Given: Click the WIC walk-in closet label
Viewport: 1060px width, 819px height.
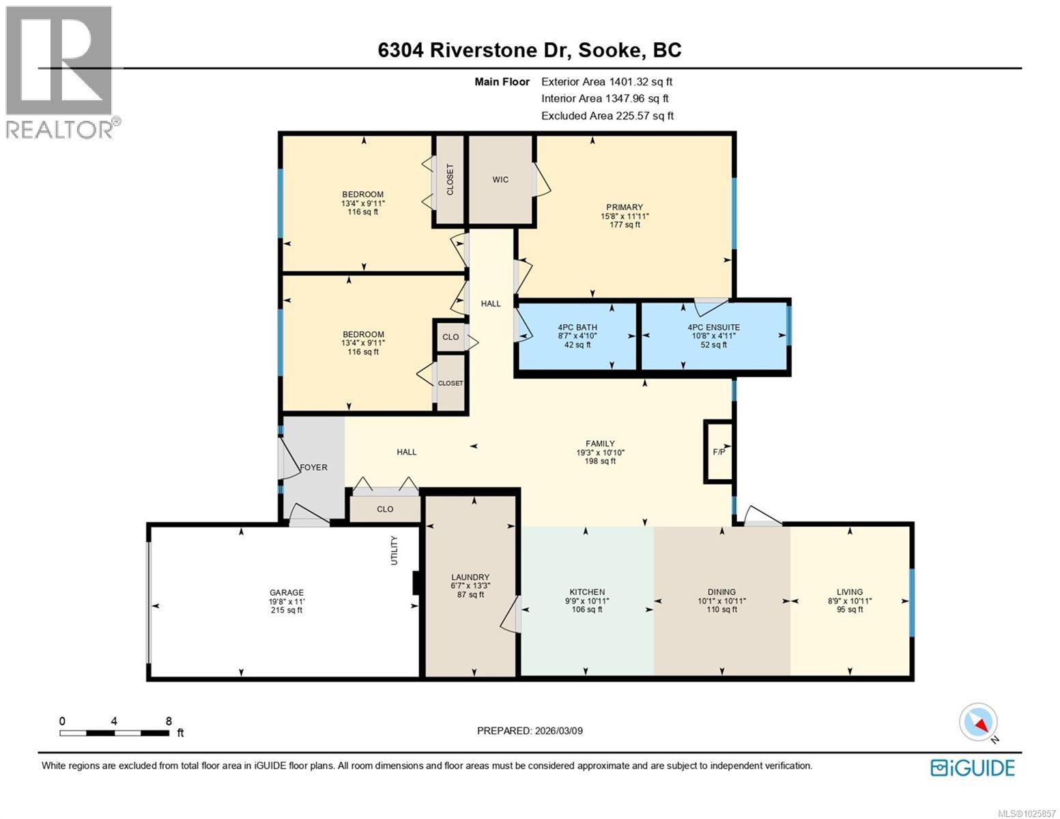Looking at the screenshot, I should click(500, 179).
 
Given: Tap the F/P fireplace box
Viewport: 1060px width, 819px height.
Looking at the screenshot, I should click(719, 452).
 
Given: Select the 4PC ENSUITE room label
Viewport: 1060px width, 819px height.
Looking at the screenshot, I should click(713, 328).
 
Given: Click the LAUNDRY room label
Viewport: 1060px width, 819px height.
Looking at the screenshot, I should click(470, 577).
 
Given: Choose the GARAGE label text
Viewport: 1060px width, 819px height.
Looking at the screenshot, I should click(287, 593).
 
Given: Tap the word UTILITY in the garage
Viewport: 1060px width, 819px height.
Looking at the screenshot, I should click(394, 550).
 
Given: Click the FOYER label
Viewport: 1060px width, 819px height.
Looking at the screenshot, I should click(313, 468).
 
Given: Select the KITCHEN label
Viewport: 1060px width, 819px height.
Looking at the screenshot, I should click(587, 592).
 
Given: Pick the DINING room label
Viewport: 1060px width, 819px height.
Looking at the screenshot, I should click(721, 592).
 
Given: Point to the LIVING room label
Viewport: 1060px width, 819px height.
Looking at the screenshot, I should click(850, 592).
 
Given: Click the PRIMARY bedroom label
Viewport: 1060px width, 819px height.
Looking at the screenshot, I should click(625, 207).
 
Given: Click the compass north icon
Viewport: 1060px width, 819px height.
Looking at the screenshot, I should click(979, 723).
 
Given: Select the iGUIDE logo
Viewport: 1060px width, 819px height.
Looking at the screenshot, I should click(973, 768).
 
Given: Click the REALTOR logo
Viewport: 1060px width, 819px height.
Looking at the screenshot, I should click(60, 71).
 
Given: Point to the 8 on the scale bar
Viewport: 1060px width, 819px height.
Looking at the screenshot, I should click(169, 721).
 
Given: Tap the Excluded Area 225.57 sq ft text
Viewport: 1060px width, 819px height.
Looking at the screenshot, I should click(607, 116).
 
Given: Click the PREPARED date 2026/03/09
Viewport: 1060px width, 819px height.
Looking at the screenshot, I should click(530, 731).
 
